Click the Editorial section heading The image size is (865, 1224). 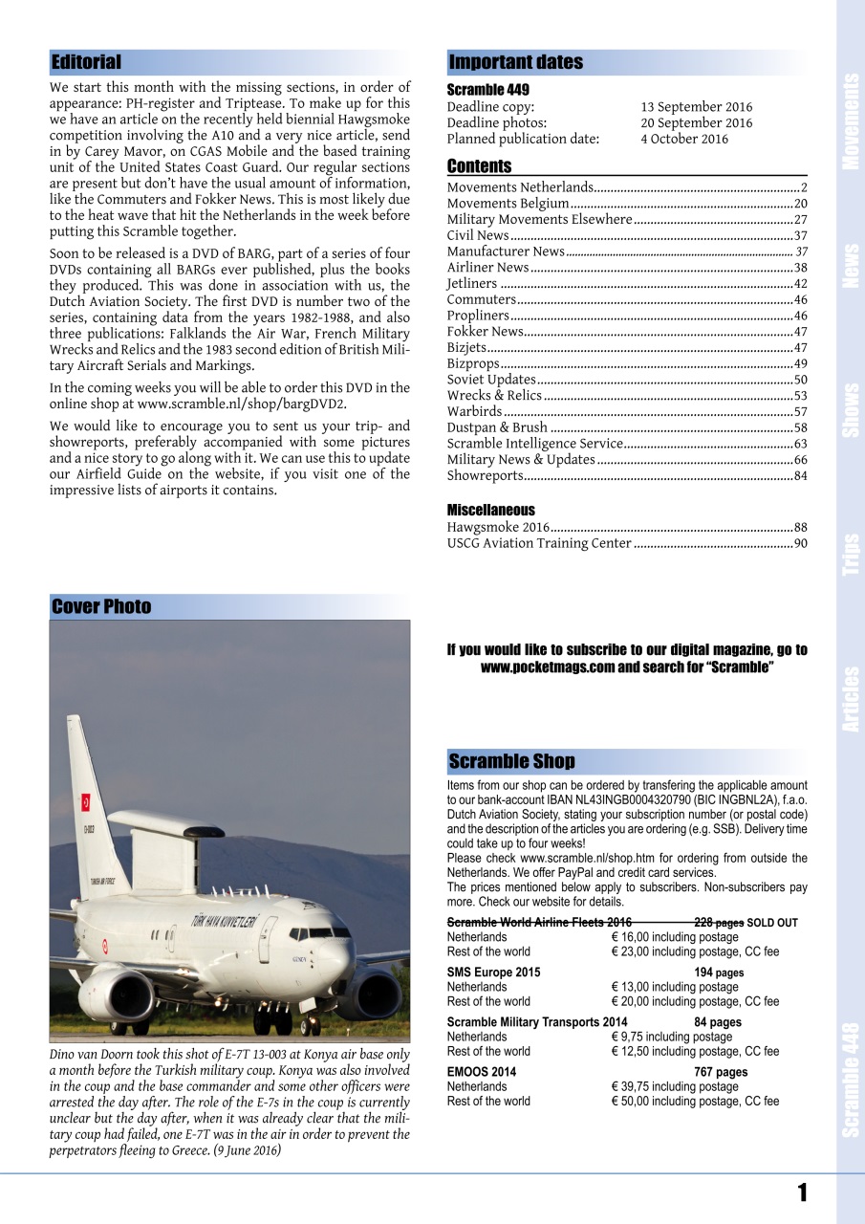pyautogui.click(x=86, y=63)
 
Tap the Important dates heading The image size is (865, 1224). pyautogui.click(x=515, y=63)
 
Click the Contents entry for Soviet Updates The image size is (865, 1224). pyautogui.click(x=491, y=380)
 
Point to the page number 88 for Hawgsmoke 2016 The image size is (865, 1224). pyautogui.click(x=800, y=527)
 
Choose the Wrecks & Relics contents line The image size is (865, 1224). pyautogui.click(x=494, y=396)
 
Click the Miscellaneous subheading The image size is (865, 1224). pyautogui.click(x=491, y=510)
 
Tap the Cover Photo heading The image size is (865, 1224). pyautogui.click(x=101, y=606)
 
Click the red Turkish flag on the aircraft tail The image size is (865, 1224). pyautogui.click(x=85, y=801)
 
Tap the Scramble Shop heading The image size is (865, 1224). pyautogui.click(x=511, y=762)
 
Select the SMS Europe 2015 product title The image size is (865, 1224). pyautogui.click(x=493, y=973)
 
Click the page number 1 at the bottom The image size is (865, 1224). pyautogui.click(x=802, y=1191)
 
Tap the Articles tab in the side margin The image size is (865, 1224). pyautogui.click(x=851, y=699)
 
